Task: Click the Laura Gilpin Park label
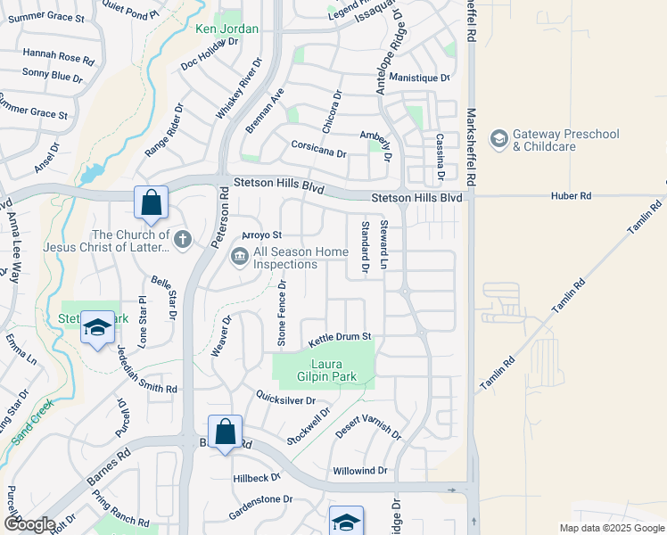click(x=333, y=370)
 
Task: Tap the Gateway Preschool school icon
click(x=499, y=139)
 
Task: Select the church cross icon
click(x=183, y=238)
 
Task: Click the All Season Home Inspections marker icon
click(x=240, y=258)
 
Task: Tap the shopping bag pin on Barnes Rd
click(x=226, y=433)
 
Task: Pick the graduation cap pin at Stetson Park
click(x=97, y=327)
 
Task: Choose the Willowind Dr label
click(x=360, y=470)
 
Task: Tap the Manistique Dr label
click(x=420, y=78)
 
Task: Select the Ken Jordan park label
click(x=227, y=29)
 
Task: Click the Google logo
click(x=29, y=524)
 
